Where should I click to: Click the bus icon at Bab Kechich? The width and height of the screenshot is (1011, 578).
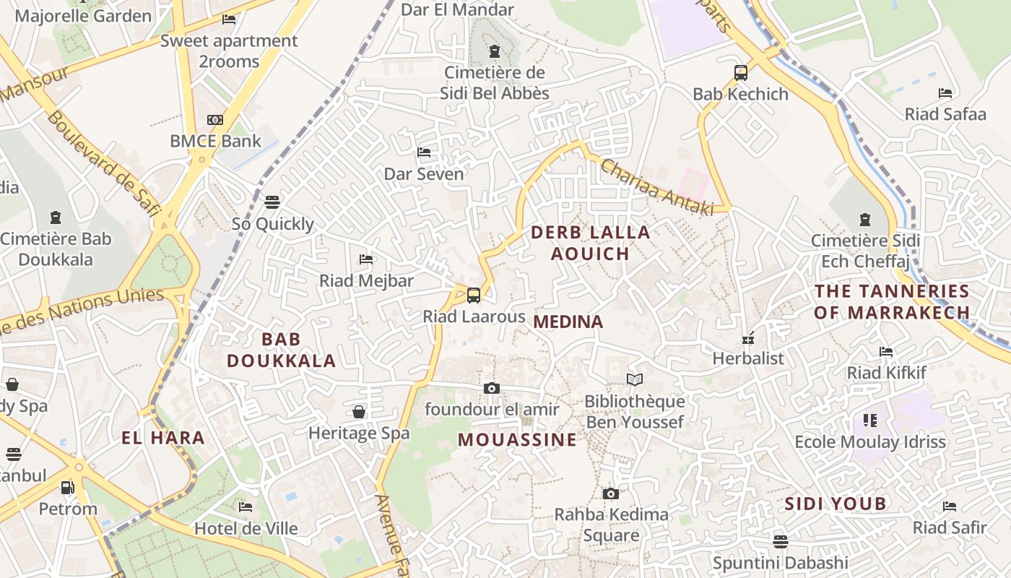pos(740,72)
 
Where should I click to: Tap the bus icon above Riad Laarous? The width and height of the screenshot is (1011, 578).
pos(474,295)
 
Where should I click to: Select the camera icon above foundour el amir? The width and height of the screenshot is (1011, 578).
pos(492,388)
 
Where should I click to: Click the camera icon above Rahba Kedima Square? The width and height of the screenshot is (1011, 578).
pos(611,493)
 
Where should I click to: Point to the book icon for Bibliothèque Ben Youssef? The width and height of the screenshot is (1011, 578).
pos(635,379)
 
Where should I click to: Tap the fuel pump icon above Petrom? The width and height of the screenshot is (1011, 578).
pos(67,488)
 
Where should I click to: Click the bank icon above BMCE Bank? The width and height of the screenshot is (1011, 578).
pos(215,120)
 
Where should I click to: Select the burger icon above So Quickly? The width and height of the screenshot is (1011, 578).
pos(272,202)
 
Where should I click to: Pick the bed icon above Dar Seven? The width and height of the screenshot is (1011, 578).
pos(424,152)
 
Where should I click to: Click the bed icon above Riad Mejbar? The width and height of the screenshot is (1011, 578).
pos(366,259)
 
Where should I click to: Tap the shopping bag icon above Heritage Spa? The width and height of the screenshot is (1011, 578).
pos(358,412)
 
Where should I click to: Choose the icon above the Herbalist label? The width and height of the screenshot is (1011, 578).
pos(748,337)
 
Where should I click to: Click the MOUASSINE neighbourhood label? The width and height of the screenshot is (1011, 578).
pos(518,439)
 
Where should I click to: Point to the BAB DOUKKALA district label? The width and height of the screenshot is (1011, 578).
pos(282,350)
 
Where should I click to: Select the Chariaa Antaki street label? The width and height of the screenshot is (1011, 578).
pos(656,186)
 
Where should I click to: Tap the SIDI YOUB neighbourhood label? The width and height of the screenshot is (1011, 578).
pos(835,504)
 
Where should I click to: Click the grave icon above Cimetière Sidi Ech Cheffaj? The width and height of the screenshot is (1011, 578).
pos(864,219)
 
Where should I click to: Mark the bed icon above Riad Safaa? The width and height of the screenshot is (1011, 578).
pos(945,92)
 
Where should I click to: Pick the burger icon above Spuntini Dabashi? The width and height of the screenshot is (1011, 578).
pos(780,541)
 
